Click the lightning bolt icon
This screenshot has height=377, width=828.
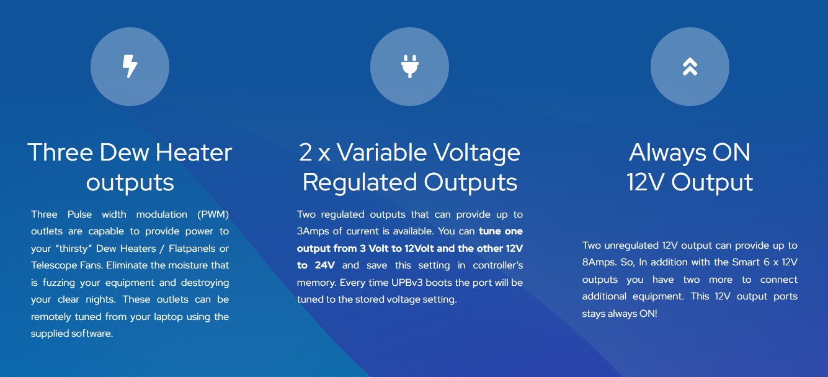coord(130,66)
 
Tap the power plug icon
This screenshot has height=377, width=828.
coord(409,66)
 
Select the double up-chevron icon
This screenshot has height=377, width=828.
coord(690,67)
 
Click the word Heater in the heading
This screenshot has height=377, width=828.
coord(194,153)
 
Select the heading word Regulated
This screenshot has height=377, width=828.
coord(360,182)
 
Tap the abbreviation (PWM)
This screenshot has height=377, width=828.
coord(213,215)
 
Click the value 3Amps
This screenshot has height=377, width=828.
coord(313,232)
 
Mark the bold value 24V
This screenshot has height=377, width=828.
coord(325,265)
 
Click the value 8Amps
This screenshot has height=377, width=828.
coord(598,263)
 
